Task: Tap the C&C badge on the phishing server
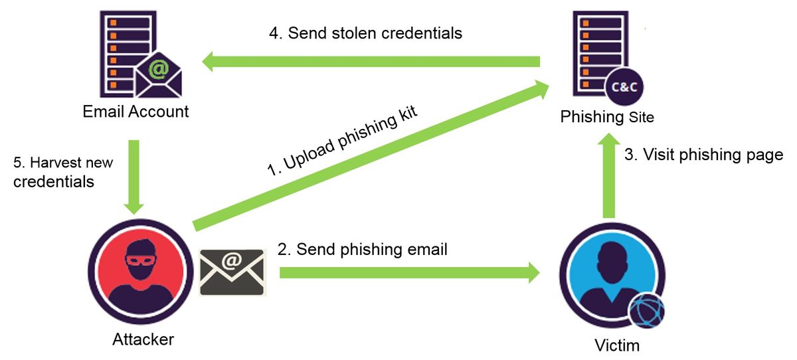point(624,86)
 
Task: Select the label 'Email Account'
point(135,112)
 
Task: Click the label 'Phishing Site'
point(607,118)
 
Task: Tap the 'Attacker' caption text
point(143,339)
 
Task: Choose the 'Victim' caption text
point(618,345)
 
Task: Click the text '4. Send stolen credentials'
point(365,33)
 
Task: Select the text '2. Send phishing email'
point(363,249)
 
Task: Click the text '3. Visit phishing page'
point(704,155)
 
